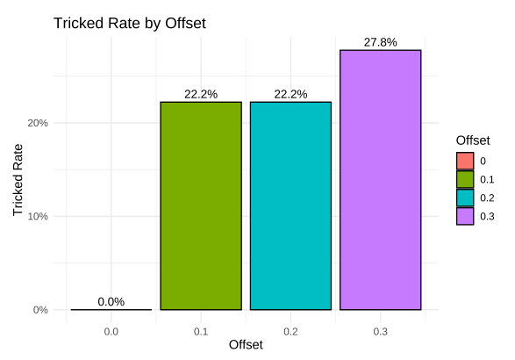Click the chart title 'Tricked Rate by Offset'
[x=129, y=24]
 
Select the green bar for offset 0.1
[x=200, y=205]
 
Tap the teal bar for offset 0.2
[x=290, y=205]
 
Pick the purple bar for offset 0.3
[x=381, y=180]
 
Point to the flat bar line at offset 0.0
[x=111, y=309]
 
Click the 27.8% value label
[x=381, y=42]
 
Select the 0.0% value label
[x=111, y=301]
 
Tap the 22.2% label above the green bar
[x=200, y=94]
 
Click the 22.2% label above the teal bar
[x=290, y=94]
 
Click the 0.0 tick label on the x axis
[x=111, y=331]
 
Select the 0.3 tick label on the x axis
[x=381, y=331]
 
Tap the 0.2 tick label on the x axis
[x=290, y=331]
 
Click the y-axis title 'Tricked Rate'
[x=18, y=180]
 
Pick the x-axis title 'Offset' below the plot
[x=246, y=346]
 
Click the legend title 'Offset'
[x=473, y=140]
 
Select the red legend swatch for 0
[x=465, y=161]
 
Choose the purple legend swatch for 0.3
[x=465, y=216]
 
